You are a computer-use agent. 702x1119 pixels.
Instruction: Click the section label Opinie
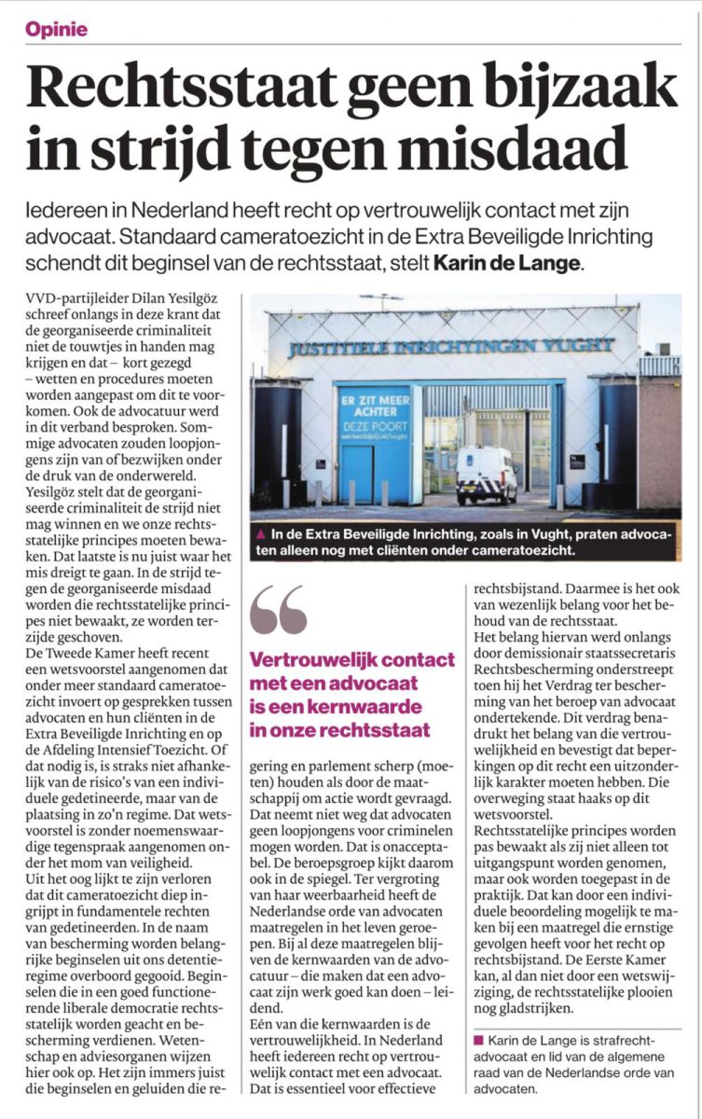pos(57,29)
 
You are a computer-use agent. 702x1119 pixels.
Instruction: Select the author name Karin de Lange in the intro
pos(507,264)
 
